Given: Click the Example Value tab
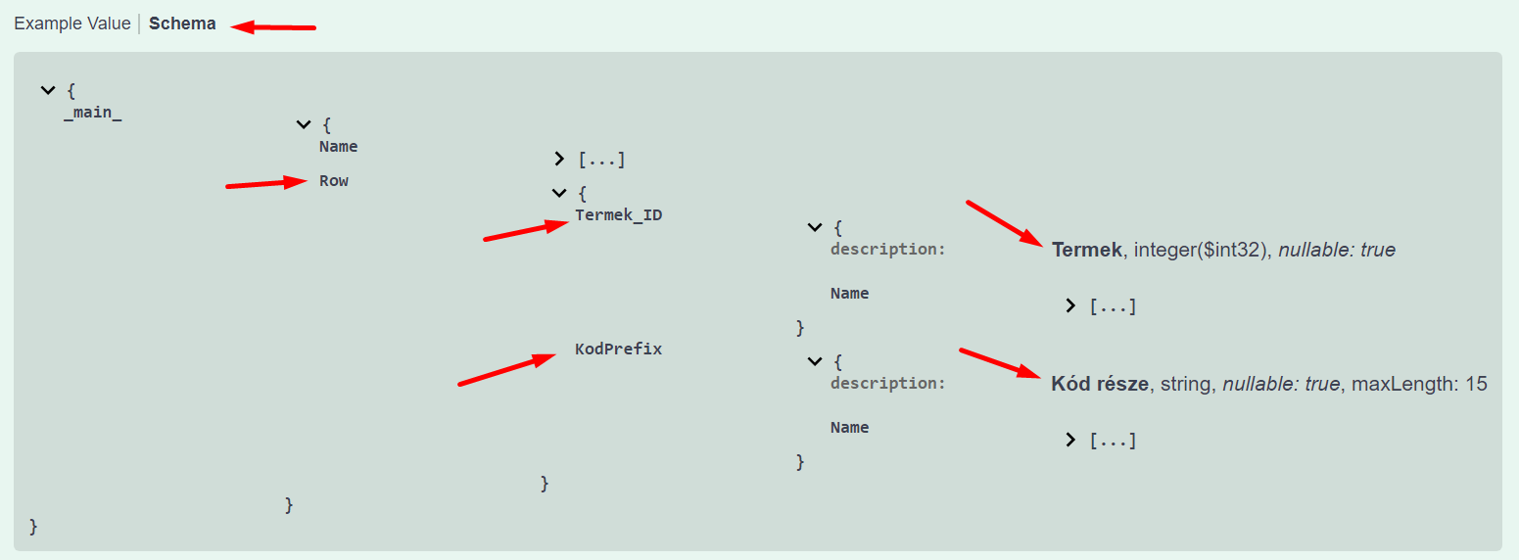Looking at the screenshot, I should click(71, 23).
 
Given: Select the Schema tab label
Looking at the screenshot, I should click(182, 23).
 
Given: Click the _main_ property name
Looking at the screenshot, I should click(93, 114).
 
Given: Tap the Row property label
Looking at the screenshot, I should click(334, 181).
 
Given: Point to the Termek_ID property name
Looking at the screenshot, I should click(618, 215).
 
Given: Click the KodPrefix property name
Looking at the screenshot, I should click(618, 349).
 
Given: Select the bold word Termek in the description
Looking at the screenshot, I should click(1086, 250).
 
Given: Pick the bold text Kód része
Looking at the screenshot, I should click(1099, 384).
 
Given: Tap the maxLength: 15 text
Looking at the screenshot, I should click(1419, 384).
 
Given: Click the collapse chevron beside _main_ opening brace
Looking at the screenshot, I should click(47, 90).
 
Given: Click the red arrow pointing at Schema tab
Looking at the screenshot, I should click(274, 27).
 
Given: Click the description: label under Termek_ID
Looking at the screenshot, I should click(888, 250).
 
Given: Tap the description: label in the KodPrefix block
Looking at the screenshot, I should click(888, 384).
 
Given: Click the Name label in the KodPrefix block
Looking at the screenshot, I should click(849, 428).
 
